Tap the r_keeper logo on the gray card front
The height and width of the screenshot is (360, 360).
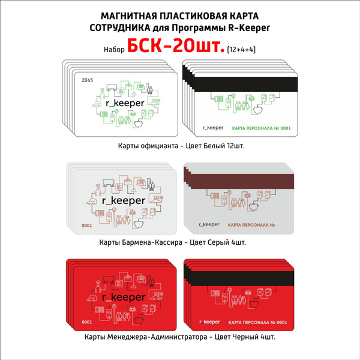click(x=124, y=200)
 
